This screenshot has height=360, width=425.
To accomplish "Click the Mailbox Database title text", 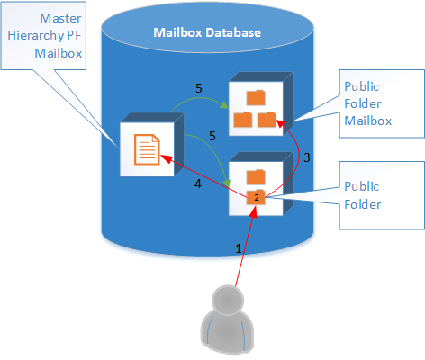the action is (207, 32).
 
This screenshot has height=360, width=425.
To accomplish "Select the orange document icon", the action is (147, 149).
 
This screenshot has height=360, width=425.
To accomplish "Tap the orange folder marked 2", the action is (256, 197).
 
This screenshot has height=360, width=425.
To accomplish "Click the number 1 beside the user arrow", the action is (239, 248).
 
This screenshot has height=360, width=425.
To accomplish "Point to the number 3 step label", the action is (306, 157).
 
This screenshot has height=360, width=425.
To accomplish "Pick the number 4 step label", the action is (198, 184).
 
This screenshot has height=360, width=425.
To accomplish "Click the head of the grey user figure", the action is (228, 300).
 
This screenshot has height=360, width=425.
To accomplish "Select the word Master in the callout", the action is (60, 18).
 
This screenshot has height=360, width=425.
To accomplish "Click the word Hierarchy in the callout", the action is (36, 36).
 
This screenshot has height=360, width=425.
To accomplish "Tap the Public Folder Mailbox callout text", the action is (368, 103).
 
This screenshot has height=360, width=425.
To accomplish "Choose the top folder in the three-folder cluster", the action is (256, 98).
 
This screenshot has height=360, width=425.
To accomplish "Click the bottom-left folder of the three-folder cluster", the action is (243, 120).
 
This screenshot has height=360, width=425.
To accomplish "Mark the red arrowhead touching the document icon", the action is (166, 158).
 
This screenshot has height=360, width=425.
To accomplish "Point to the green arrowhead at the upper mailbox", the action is (223, 105).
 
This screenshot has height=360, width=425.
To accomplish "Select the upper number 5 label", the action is (199, 88).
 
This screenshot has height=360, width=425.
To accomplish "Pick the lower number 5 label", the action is (212, 136).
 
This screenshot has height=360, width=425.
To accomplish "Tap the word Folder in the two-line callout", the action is (363, 204).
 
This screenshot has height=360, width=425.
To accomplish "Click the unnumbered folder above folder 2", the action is (256, 177).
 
